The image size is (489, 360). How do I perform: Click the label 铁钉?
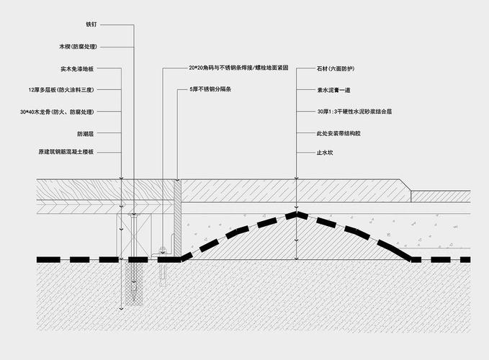point(91,24)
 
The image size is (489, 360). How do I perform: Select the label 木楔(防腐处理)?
point(78,47)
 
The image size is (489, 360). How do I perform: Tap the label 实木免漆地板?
point(77,69)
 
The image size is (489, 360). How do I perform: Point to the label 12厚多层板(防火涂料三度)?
point(61,90)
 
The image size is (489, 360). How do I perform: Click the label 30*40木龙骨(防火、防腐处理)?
point(57,112)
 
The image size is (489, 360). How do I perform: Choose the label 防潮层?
point(86,134)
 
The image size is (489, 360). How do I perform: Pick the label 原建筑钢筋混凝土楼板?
point(66,152)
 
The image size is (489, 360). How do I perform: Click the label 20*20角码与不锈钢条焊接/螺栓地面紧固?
point(238,68)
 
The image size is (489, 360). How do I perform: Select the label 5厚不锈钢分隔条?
point(210,89)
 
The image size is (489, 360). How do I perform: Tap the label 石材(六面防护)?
point(336,68)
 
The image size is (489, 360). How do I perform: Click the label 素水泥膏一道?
point(333,91)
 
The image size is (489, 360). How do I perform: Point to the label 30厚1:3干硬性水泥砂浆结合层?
point(354,112)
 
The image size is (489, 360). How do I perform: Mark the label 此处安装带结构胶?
point(338,134)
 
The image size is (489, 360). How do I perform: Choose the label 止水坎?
point(325,153)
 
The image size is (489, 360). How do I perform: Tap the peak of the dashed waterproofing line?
point(296,212)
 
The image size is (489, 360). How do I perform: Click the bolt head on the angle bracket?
point(163,249)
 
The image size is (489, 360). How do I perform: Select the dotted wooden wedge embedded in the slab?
point(135,282)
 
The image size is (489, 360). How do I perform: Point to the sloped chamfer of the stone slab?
point(405,185)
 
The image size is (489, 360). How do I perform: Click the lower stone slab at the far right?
point(441,197)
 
